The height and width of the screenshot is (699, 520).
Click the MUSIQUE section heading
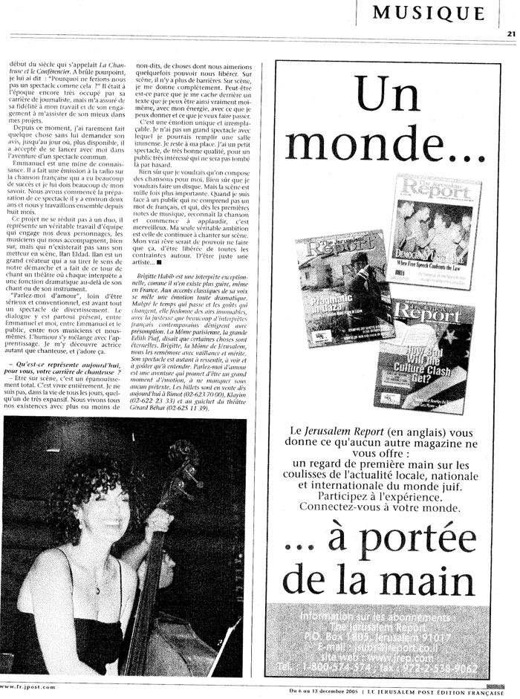pos(429,12)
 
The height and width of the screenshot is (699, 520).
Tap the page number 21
pos(511,33)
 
